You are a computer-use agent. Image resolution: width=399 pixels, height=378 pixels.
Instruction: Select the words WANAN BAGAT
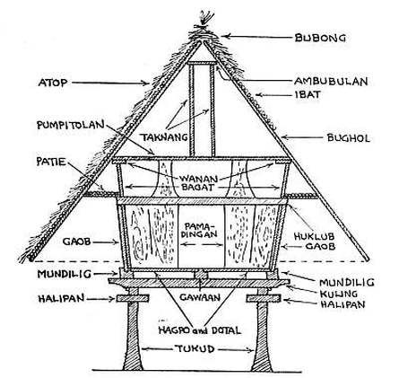[x=199, y=185]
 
